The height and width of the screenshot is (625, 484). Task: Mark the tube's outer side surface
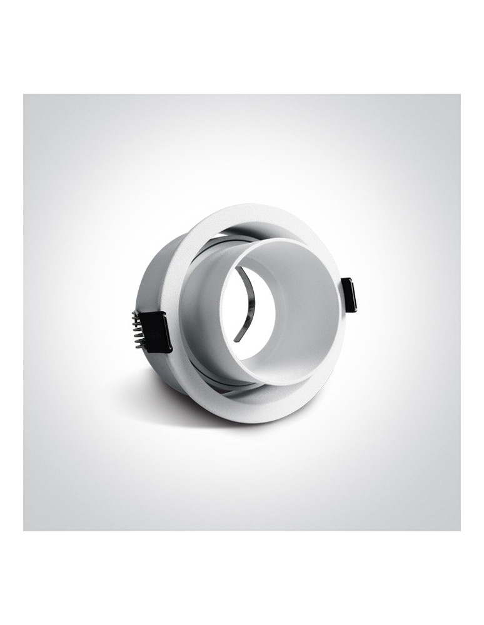pyautogui.click(x=200, y=312)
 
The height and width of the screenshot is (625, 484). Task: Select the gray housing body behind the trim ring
pyautogui.click(x=150, y=281)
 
